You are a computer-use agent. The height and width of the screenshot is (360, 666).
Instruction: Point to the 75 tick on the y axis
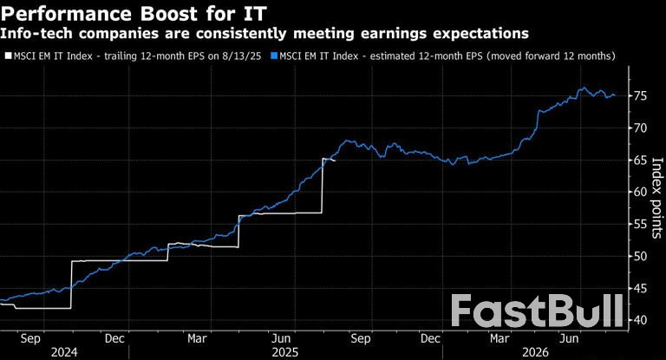click(x=638, y=96)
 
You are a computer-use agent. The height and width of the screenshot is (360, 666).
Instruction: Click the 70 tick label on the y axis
click(x=638, y=128)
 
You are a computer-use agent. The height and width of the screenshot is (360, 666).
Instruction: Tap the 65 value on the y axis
click(x=638, y=160)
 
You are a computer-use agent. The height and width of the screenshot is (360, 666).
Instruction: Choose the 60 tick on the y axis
click(x=638, y=193)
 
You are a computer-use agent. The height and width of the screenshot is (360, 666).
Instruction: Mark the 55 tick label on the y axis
click(x=638, y=225)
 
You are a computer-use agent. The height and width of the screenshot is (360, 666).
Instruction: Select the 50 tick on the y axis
click(x=638, y=257)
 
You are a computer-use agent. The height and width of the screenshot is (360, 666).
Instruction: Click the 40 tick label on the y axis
click(x=638, y=321)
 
